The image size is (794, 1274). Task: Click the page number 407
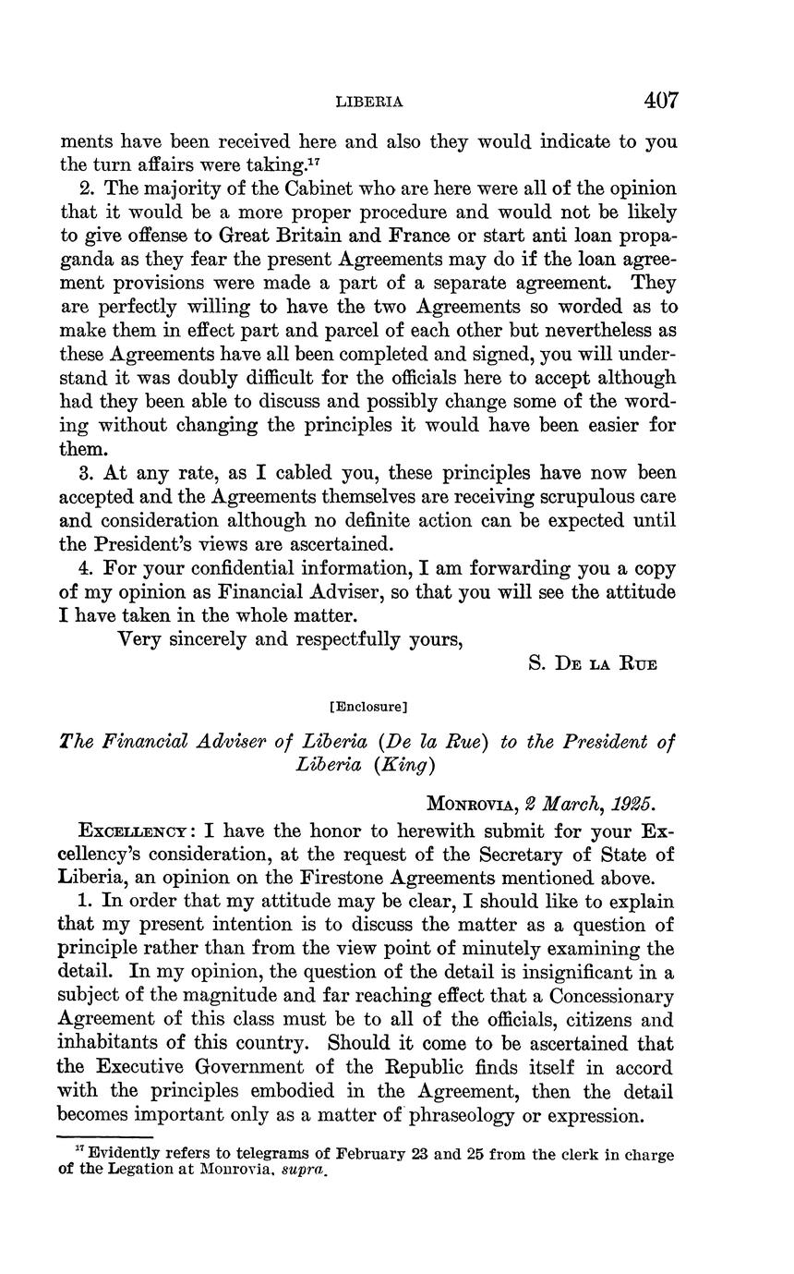coord(662,100)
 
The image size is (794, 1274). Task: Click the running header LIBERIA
coord(368,102)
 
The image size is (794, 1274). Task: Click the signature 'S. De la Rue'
coord(593,664)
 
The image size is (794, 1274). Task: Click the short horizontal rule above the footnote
coord(105,1136)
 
